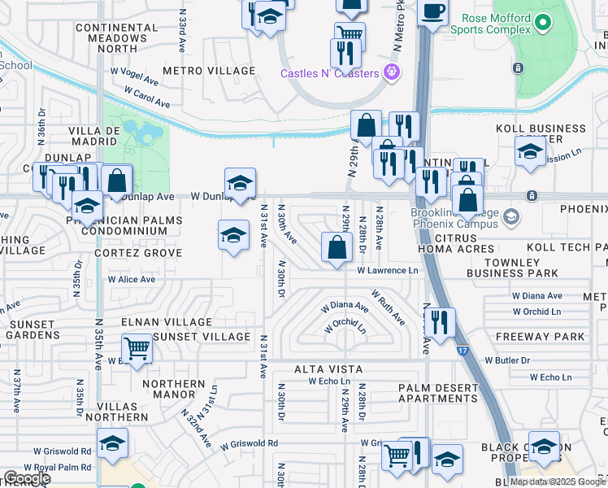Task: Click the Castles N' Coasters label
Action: click(x=331, y=73)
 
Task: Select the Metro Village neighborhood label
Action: click(x=209, y=71)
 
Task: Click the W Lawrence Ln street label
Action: click(x=387, y=270)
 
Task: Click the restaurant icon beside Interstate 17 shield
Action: click(x=439, y=321)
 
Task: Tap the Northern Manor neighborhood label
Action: click(x=174, y=389)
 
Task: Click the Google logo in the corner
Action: click(x=27, y=478)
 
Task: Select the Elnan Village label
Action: click(x=166, y=323)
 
